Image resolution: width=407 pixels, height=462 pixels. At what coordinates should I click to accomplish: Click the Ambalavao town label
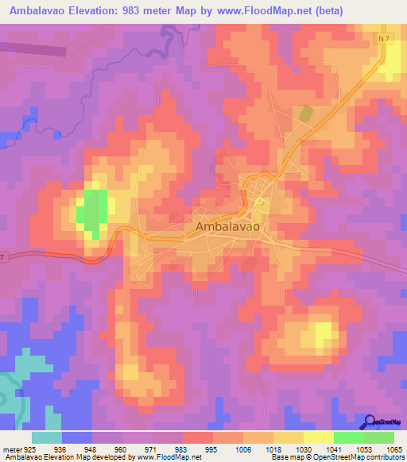[x=227, y=227]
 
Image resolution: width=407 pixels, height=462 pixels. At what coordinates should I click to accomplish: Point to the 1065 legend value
[x=393, y=449]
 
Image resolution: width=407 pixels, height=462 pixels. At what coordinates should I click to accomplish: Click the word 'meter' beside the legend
[x=10, y=449]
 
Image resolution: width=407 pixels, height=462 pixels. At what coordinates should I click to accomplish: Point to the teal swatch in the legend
[x=47, y=437]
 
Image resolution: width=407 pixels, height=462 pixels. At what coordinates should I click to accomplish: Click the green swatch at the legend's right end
[x=378, y=437]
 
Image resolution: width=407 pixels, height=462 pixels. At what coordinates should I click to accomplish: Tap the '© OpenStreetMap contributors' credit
[x=361, y=458]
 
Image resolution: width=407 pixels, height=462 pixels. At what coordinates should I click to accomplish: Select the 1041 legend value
[x=333, y=449]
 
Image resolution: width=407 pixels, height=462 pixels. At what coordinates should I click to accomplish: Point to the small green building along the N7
[x=306, y=113]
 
